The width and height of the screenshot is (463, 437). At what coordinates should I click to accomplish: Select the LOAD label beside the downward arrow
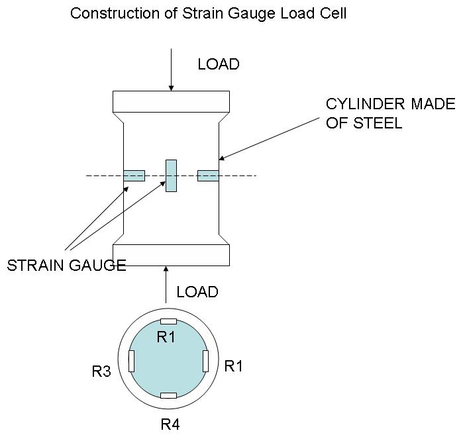(219, 64)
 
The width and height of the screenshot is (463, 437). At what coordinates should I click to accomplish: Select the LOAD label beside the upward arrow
(197, 292)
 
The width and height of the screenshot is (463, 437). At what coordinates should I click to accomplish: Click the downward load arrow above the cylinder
(171, 69)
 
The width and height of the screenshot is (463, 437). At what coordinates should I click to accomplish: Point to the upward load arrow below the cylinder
(166, 285)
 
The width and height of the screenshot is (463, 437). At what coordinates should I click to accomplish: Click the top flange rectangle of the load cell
(171, 101)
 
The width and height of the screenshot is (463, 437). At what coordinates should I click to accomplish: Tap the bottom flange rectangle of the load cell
(171, 255)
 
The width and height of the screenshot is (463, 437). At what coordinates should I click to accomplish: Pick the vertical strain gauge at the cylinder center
(171, 175)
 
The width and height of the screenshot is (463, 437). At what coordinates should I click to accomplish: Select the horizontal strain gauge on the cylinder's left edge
(134, 175)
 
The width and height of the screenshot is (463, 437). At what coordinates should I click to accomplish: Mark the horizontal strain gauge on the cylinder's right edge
(208, 175)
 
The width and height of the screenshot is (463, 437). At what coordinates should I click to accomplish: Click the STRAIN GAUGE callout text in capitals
(66, 266)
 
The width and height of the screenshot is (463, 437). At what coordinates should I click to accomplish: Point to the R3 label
(101, 371)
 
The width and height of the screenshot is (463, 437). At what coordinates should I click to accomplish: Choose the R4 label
(170, 424)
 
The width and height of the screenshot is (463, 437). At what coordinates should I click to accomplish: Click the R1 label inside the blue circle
(166, 337)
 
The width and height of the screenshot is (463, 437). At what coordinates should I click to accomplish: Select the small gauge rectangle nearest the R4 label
(169, 395)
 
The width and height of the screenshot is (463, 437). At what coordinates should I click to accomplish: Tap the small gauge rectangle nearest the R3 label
(131, 361)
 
